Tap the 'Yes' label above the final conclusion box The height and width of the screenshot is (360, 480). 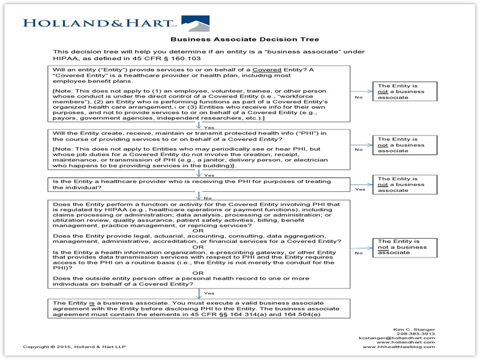pyautogui.click(x=209, y=293)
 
